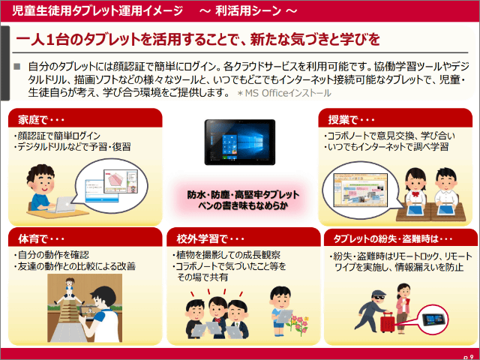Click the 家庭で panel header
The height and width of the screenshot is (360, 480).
click(x=85, y=118)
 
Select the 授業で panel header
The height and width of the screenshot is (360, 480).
click(x=395, y=118)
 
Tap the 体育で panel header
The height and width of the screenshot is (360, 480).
click(x=85, y=237)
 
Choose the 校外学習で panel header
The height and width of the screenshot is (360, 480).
click(x=243, y=237)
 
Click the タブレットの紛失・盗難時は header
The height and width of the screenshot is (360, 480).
click(x=400, y=238)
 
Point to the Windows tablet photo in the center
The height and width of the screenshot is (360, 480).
click(x=240, y=142)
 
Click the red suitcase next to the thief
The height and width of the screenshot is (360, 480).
click(x=387, y=322)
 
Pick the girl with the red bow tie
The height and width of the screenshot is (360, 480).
click(x=415, y=190)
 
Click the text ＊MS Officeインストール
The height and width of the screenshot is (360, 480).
click(x=284, y=93)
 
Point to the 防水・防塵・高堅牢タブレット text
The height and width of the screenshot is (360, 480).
click(x=243, y=195)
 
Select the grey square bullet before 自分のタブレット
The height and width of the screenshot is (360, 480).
click(x=16, y=67)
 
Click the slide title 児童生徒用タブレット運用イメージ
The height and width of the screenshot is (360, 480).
click(x=97, y=10)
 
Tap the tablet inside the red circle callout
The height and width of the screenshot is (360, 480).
click(x=432, y=320)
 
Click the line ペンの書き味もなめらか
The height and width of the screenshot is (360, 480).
click(x=243, y=205)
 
